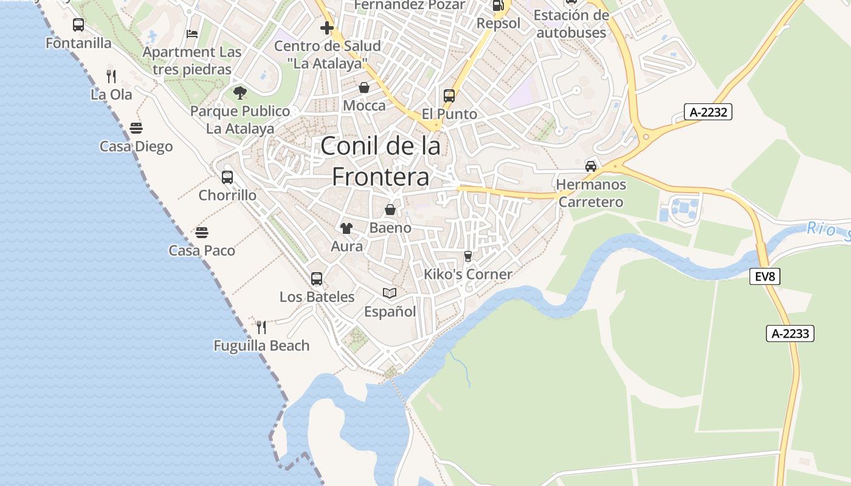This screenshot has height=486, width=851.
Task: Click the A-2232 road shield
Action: click(708, 112)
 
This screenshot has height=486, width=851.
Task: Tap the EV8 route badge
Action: click(765, 277)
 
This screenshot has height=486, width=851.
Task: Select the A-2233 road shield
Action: click(790, 334)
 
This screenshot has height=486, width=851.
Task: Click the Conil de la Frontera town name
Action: click(381, 162)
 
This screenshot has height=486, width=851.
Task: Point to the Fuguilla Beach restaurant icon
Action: click(261, 327)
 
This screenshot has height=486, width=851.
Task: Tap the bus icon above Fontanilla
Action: click(78, 25)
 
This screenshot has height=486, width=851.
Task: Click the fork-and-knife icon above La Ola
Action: click(111, 76)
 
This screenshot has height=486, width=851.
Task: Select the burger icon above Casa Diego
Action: click(136, 128)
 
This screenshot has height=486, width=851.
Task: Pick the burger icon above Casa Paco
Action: click(202, 233)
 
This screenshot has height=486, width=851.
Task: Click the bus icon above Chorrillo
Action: click(227, 177)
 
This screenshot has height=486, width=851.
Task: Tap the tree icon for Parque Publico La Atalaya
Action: click(240, 93)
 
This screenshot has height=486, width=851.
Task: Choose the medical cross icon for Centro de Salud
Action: click(327, 28)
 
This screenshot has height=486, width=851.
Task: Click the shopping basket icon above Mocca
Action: click(364, 88)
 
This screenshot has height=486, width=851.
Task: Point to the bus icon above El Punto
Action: click(449, 96)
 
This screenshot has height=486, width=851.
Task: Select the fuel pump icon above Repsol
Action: click(498, 6)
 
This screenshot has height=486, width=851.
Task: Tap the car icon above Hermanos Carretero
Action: click(590, 166)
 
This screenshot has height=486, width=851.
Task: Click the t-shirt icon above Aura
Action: click(346, 228)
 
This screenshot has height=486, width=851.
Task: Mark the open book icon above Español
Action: click(390, 293)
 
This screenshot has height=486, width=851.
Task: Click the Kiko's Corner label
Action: click(468, 275)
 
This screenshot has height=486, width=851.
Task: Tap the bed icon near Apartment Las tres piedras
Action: click(192, 34)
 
